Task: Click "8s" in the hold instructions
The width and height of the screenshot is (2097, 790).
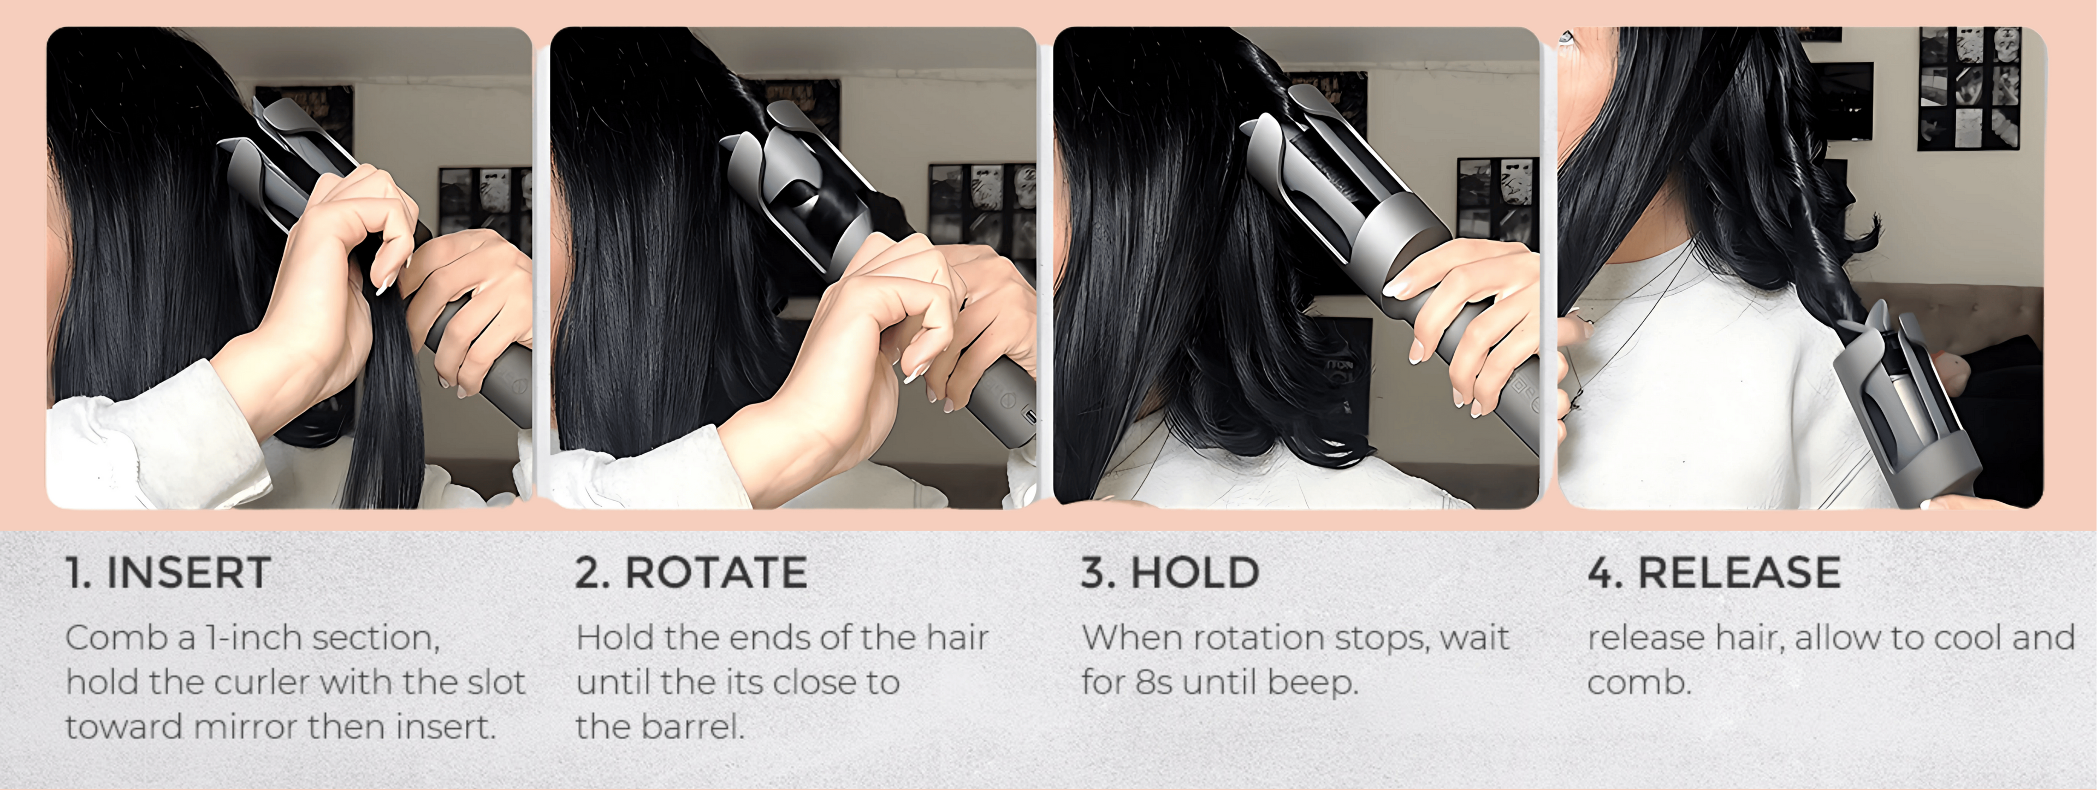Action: (1153, 682)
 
